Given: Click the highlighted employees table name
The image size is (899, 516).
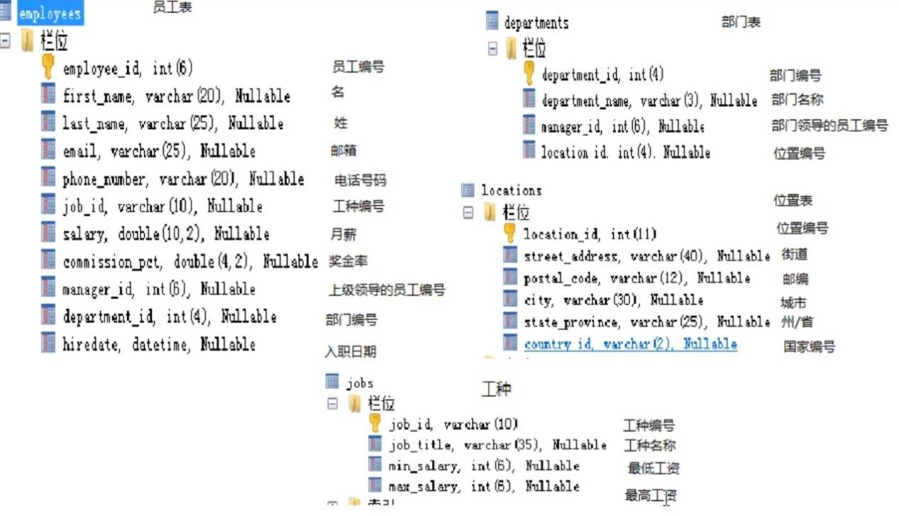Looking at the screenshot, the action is coord(50,14).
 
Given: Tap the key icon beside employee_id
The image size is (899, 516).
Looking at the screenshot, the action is coord(48,67).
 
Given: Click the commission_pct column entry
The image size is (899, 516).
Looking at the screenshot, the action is coord(190,262).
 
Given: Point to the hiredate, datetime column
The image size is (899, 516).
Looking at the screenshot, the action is coord(159,345).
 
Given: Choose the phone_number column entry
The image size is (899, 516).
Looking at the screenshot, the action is coord(183,179).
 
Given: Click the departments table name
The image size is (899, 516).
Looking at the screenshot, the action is coord(536,23).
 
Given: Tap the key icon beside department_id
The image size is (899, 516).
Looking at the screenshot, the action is coord(529,73).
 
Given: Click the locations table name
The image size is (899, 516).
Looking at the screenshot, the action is coord(511,191).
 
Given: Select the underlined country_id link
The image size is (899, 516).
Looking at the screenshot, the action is coord(630,344).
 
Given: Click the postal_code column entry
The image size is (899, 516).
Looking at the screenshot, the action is coord(636,279).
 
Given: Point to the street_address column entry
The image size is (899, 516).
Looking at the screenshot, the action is coord(646,256).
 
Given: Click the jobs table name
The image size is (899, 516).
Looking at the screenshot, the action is coord(360,383).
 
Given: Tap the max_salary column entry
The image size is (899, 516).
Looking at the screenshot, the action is coord(483,487).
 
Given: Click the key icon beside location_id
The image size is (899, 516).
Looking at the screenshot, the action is coord(509,232).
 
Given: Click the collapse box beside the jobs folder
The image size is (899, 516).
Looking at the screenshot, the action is coord(333,404).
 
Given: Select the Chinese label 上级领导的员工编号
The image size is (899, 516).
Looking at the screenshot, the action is coord(387,290).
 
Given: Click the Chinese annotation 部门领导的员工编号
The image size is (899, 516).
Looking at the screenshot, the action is coord(829,125).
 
